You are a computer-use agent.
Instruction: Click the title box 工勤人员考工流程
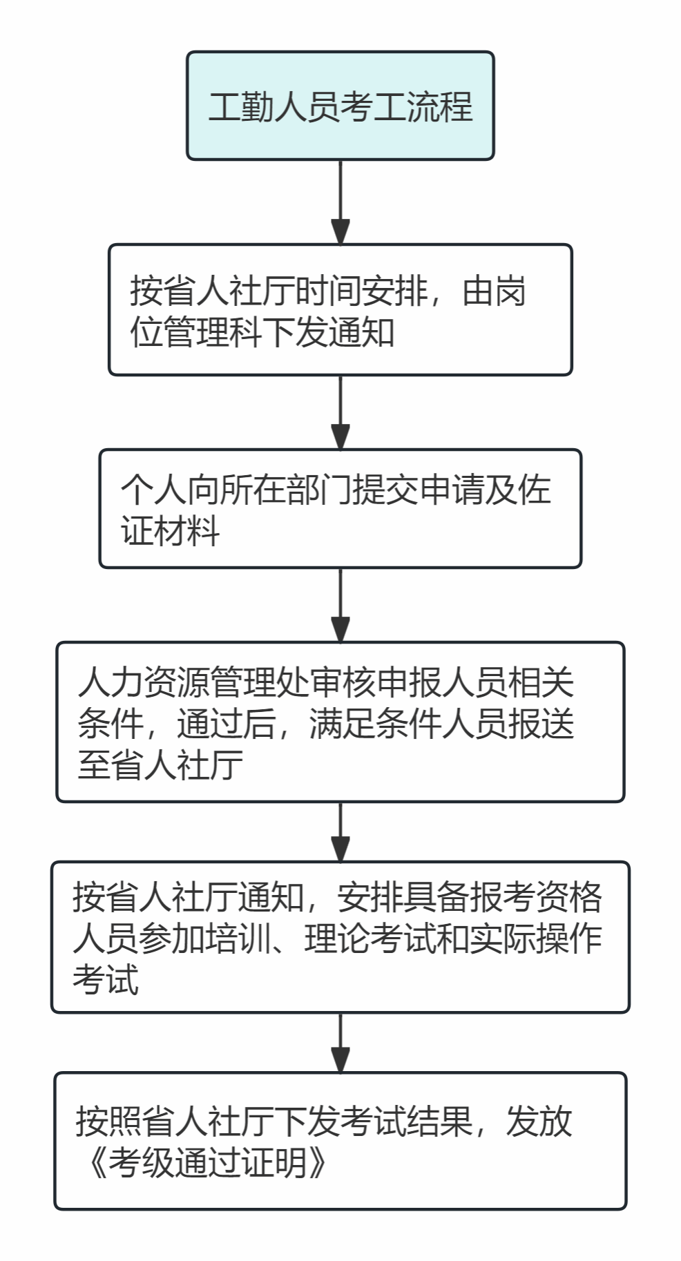point(340,106)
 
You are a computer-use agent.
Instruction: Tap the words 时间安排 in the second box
point(362,291)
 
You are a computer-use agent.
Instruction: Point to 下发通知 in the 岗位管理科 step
point(329,332)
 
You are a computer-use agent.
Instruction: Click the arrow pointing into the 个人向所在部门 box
point(340,412)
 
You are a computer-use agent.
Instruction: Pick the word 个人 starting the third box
point(153,490)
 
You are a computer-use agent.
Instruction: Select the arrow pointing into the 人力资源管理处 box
point(340,605)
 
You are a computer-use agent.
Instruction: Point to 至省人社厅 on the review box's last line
point(160,765)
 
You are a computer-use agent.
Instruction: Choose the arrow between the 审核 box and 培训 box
point(340,831)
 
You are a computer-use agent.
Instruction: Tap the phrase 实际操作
point(535,938)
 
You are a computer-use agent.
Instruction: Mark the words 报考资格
point(535,897)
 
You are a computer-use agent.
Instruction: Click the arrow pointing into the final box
point(340,1042)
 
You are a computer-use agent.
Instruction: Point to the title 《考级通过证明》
point(207,1162)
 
